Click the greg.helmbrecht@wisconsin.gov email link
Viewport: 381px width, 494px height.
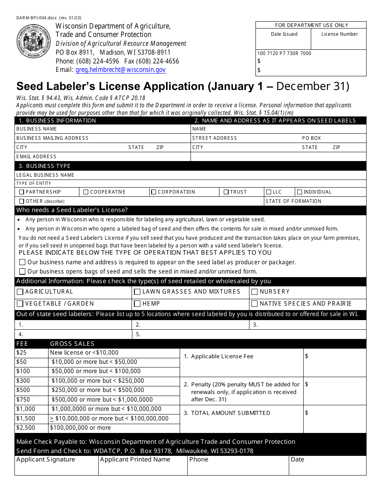point(121,70)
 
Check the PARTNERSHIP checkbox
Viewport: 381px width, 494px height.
point(22,192)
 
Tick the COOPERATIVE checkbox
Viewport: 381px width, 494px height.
point(86,192)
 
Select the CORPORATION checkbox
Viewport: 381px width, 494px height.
point(154,192)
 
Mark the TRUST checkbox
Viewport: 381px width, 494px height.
point(226,192)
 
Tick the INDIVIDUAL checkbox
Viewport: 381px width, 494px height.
point(300,192)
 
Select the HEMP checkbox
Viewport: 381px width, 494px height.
point(137,304)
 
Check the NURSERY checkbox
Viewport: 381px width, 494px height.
point(254,292)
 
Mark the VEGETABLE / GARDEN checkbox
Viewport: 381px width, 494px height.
point(20,304)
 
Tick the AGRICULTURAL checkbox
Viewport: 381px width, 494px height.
point(20,292)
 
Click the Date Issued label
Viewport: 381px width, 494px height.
point(284,34)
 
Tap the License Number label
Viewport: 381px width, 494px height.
point(339,34)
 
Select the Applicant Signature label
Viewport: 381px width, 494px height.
point(45,459)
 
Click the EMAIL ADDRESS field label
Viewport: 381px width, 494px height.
point(36,157)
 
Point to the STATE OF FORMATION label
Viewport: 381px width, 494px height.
point(293,201)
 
